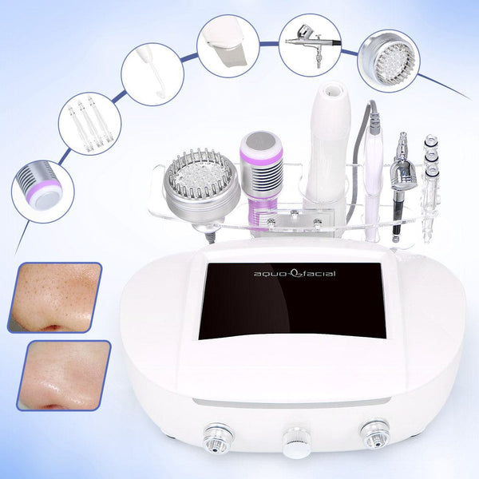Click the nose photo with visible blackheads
(x=55, y=297)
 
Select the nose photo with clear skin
(x=67, y=375)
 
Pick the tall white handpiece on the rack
(x=328, y=152)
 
